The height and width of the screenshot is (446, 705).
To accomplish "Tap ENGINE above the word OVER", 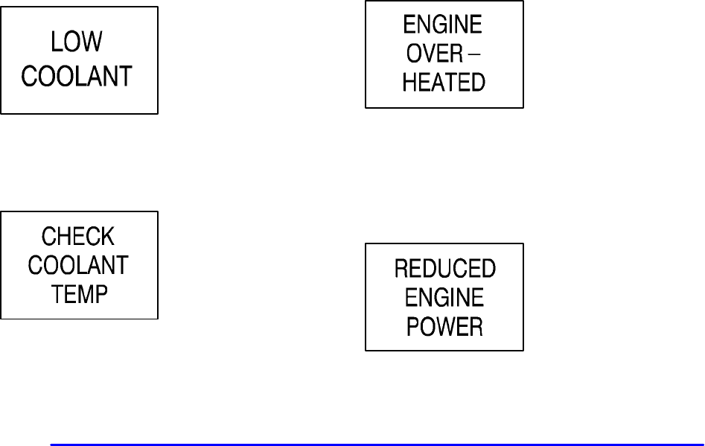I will (443, 25).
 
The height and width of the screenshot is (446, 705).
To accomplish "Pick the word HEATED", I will (444, 82).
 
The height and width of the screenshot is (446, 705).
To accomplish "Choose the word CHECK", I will (78, 238).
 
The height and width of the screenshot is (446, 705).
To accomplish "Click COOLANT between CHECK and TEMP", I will (79, 265).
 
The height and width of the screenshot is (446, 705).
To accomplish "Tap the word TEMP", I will (79, 293).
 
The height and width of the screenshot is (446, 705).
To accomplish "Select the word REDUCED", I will (444, 269).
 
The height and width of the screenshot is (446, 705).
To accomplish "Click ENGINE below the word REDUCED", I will (444, 297).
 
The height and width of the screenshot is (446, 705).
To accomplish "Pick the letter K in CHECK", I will (108, 238).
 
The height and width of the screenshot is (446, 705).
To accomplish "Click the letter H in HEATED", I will (409, 82).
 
